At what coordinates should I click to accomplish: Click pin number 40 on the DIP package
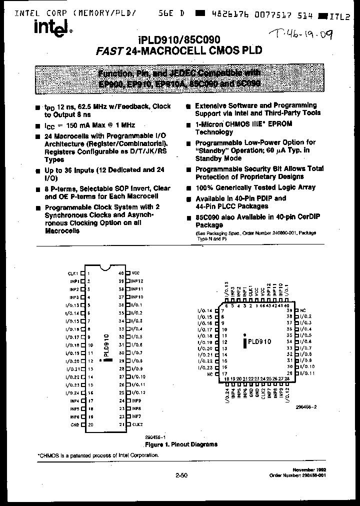pos(121,273)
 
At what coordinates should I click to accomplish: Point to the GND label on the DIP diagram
pos(74,425)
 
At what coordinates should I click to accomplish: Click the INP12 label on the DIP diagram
pos(137,281)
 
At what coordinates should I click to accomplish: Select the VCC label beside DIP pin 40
pos(136,273)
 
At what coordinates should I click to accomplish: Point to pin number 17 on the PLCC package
pos(225,373)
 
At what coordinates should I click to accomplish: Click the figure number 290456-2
pos(306,406)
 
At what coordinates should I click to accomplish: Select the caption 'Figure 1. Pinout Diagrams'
pos(181,444)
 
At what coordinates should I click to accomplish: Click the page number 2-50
pos(181,475)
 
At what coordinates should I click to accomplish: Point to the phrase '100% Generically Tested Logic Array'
pos(255,187)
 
